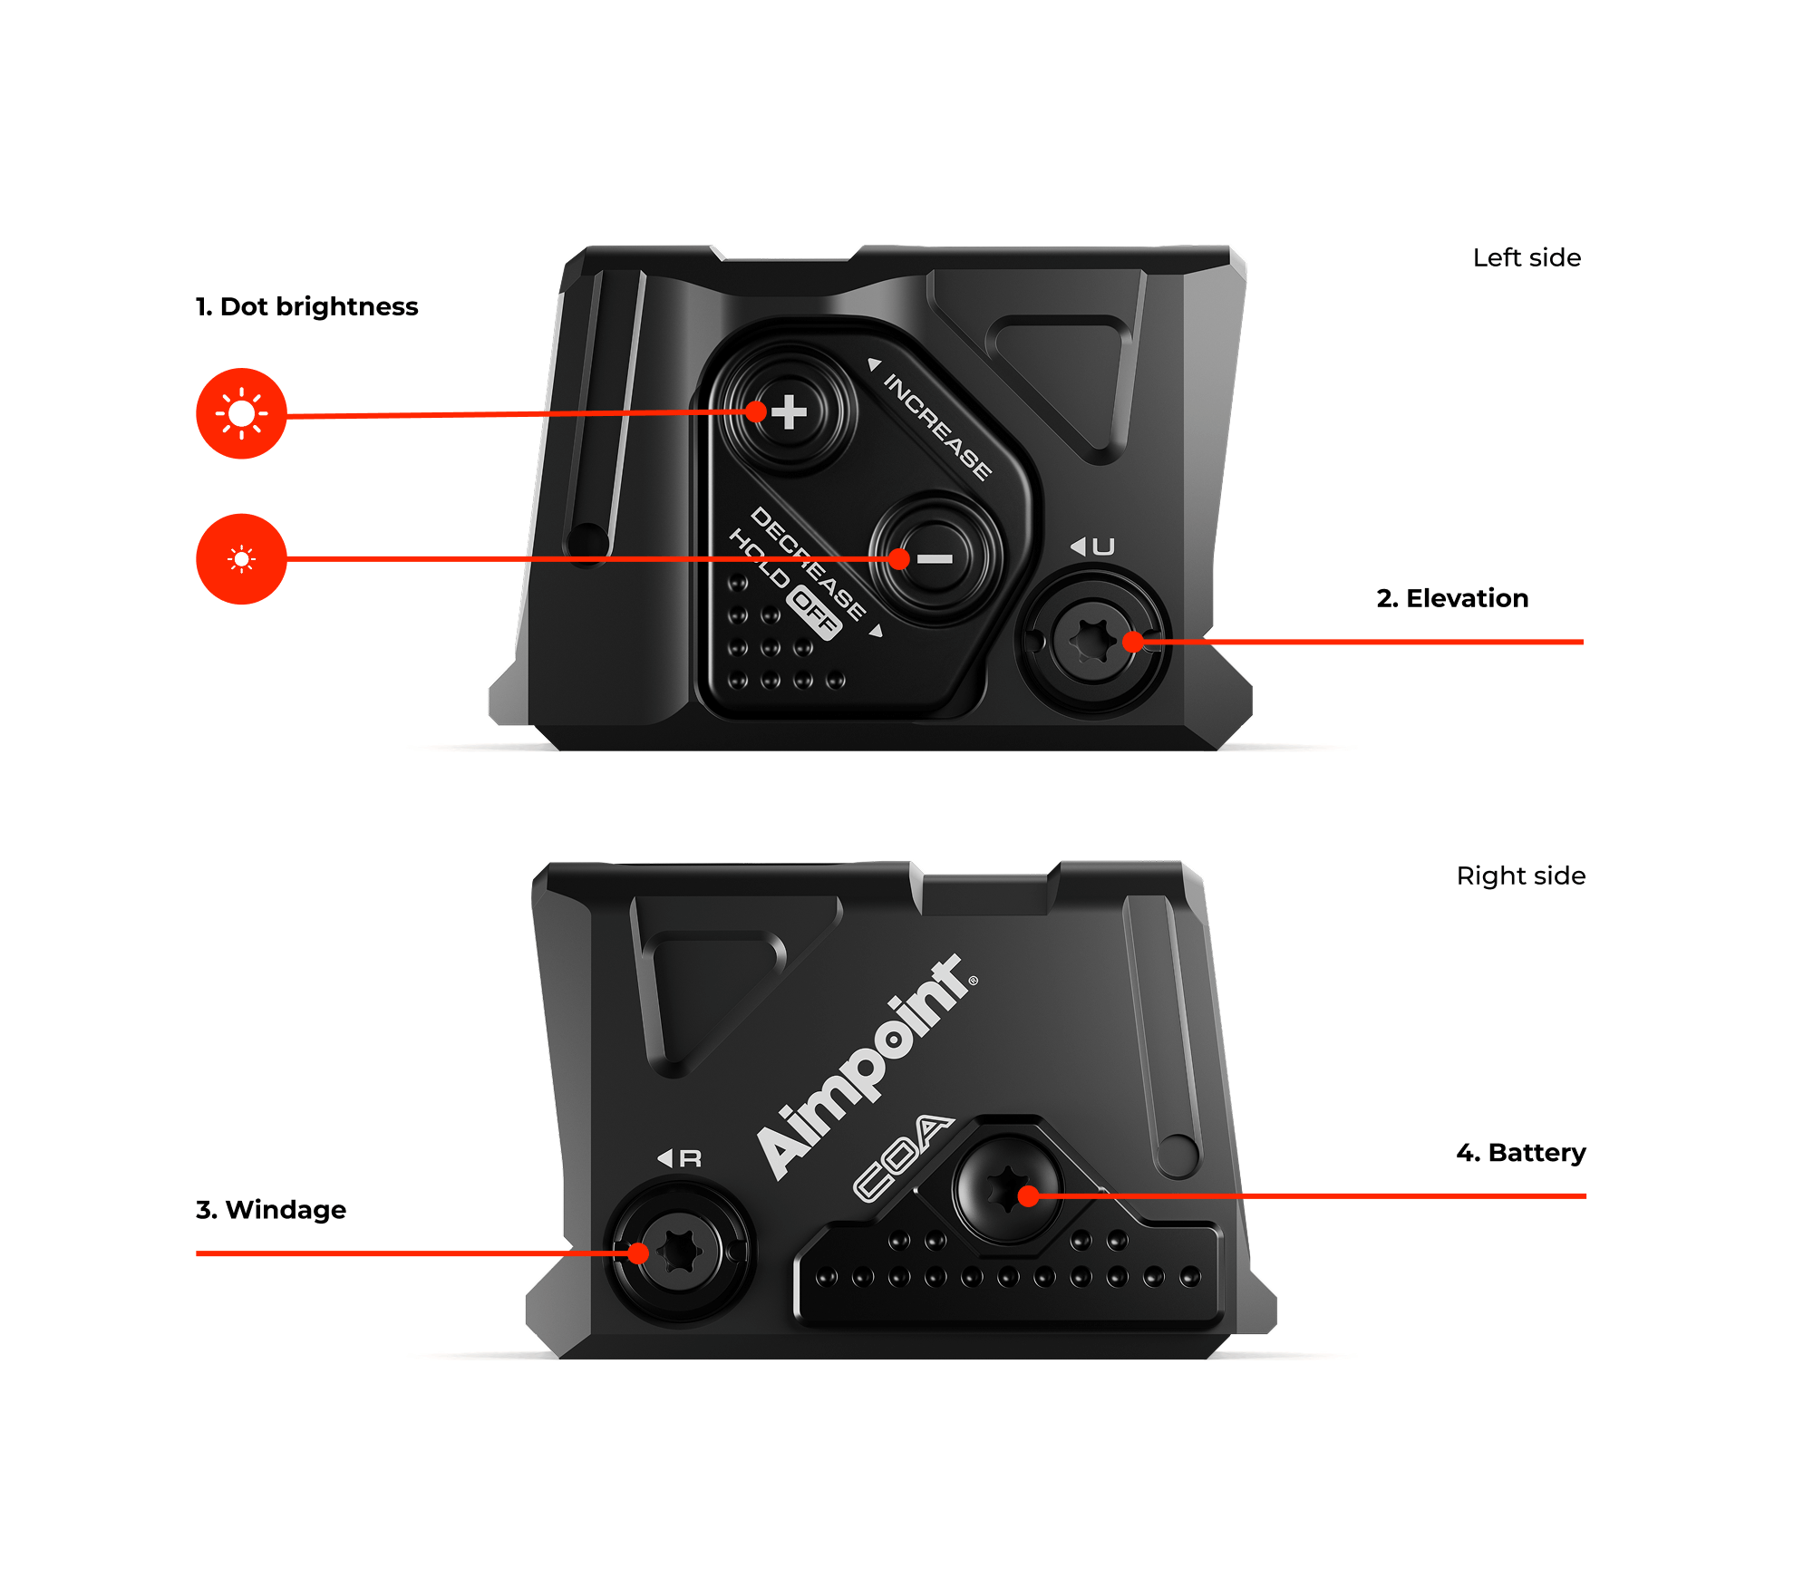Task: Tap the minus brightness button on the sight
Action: point(936,558)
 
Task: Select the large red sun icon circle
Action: point(241,413)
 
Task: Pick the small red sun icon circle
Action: point(241,559)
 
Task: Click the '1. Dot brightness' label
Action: point(306,306)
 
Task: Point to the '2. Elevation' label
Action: point(1452,598)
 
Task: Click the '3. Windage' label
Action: point(271,1210)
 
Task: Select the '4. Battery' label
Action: point(1521,1153)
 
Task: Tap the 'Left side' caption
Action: point(1527,258)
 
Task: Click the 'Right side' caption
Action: point(1521,876)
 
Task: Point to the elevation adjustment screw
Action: point(1093,642)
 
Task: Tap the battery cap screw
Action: point(1006,1189)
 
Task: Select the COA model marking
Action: point(902,1157)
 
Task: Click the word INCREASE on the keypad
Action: point(937,426)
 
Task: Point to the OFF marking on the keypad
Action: point(814,614)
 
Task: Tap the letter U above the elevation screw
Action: point(1103,547)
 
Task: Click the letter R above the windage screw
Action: point(690,1158)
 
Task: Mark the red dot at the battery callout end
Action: point(1028,1196)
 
